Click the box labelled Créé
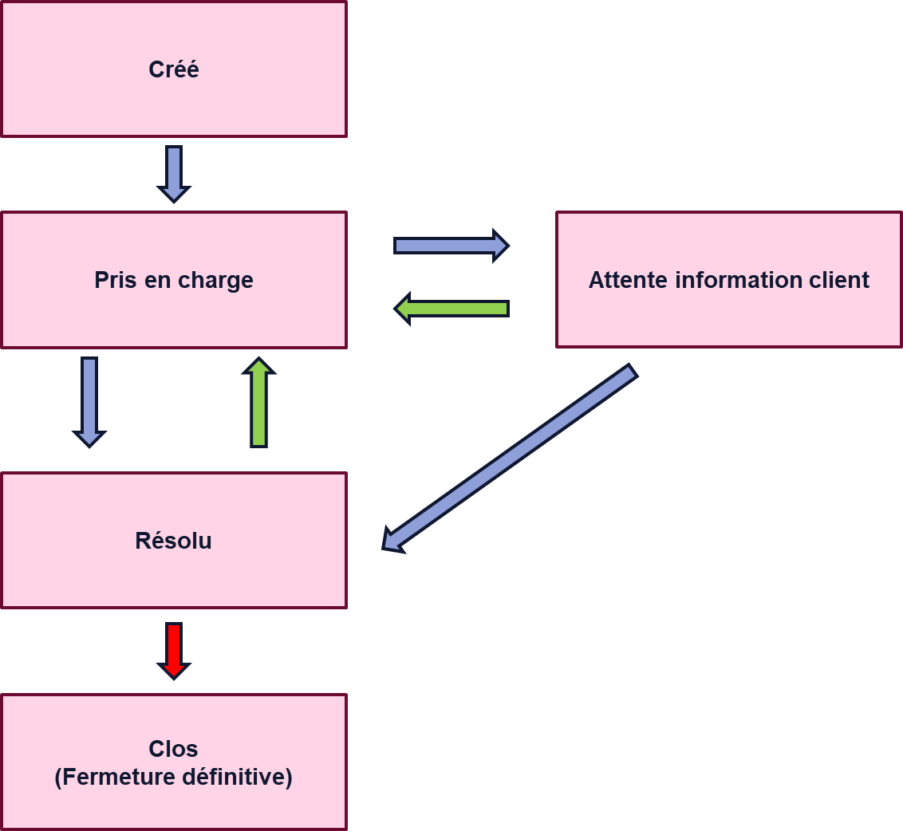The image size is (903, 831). click(x=173, y=69)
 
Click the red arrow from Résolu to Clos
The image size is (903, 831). click(x=174, y=650)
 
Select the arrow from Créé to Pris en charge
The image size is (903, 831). click(x=174, y=173)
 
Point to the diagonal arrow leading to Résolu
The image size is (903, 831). click(x=510, y=458)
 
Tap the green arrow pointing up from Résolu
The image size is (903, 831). click(x=258, y=403)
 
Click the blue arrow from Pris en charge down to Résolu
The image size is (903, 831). click(x=89, y=401)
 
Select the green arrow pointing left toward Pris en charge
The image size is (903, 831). click(x=452, y=309)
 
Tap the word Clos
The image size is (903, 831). click(x=173, y=749)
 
